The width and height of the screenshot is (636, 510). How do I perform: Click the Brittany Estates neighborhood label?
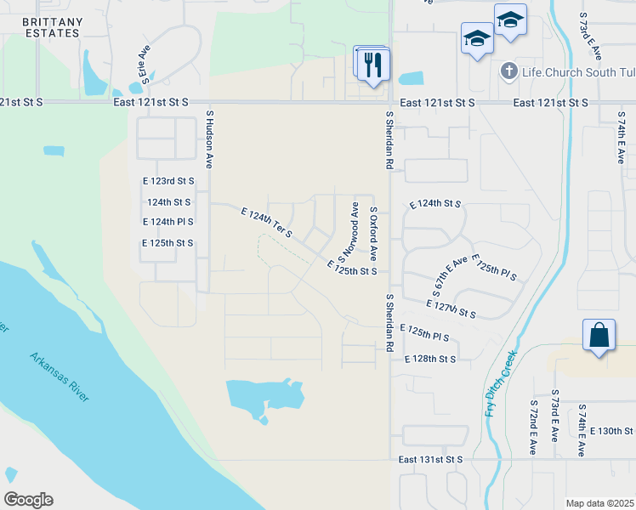[52, 27]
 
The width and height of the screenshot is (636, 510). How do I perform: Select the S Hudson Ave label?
[209, 142]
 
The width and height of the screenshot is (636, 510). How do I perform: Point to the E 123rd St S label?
[168, 181]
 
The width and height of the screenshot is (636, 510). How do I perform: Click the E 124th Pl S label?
[168, 222]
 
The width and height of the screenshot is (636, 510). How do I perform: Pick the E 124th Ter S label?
[267, 222]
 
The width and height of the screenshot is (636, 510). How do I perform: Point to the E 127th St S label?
[450, 308]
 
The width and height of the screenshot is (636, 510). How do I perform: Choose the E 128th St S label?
[430, 360]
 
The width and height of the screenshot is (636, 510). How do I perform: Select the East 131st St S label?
[430, 459]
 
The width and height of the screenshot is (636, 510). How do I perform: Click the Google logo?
[28, 500]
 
